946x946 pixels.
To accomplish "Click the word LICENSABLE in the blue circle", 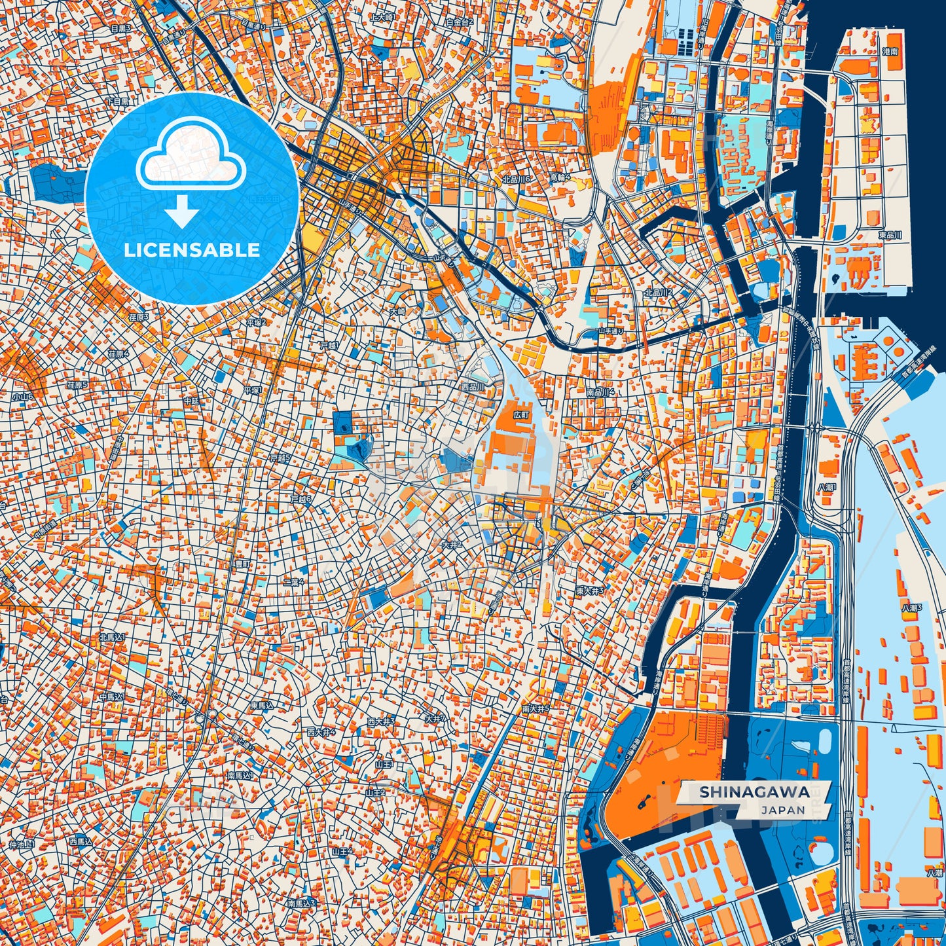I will coord(192,250).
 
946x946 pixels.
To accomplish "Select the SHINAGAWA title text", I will coord(754,791).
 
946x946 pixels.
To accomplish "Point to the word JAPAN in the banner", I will coord(783,810).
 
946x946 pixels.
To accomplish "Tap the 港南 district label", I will coord(890,51).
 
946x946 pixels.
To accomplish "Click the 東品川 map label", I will coord(890,235).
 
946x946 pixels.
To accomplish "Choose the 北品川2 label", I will coord(658,292).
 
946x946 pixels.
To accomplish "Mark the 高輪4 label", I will coord(560,177).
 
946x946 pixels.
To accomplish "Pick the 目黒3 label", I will coord(120,28).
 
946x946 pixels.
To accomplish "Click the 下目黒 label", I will coord(118,101).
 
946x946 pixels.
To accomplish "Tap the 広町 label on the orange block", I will coord(520,415).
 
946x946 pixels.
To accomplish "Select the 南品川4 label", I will coord(600,392).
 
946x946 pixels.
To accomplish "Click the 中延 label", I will coord(191,400).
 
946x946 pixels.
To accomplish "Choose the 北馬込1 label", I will coord(111,636).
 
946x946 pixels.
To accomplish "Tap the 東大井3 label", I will coord(589,591).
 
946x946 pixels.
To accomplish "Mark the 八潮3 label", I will coord(911,608).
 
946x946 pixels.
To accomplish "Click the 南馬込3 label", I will coord(301,903).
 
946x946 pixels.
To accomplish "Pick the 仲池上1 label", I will coord(21,845).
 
